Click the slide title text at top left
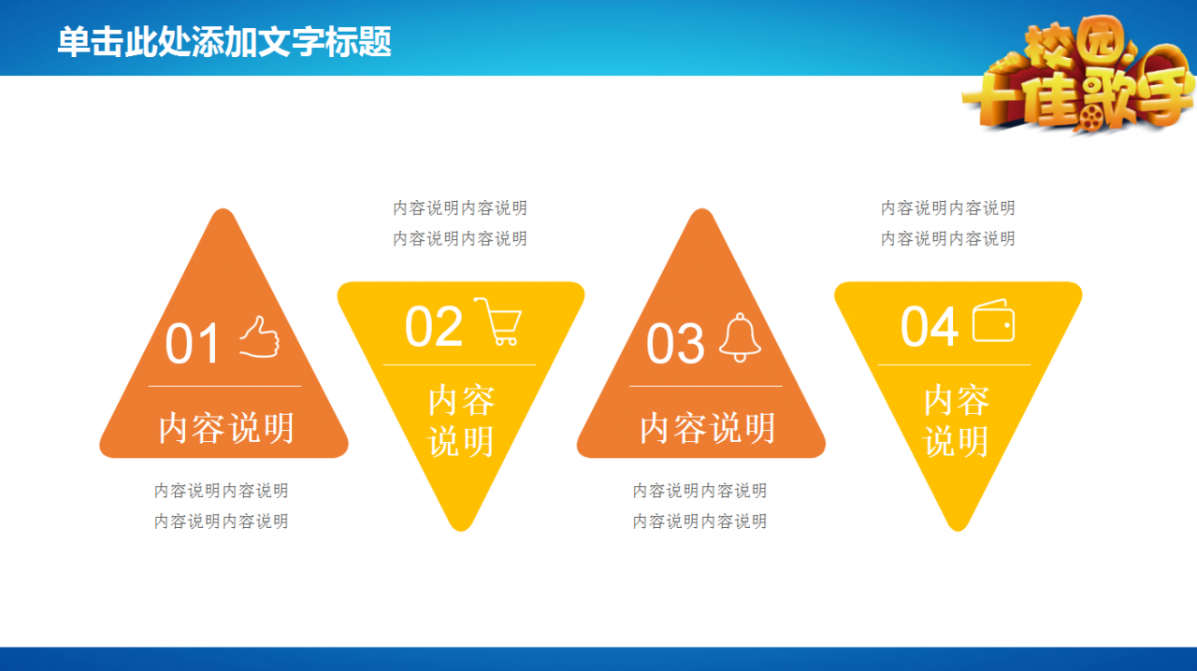[224, 42]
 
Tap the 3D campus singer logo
[1078, 75]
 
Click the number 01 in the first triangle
[192, 344]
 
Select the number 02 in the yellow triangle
[433, 326]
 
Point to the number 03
[675, 344]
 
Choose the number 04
[930, 326]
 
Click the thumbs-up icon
[260, 336]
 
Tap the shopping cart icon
[498, 321]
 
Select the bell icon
[740, 337]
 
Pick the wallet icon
[993, 321]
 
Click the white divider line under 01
[224, 386]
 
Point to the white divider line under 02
[459, 364]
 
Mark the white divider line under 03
[706, 386]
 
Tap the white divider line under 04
[955, 364]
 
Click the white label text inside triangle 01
[226, 428]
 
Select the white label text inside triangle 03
[708, 428]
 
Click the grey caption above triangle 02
[460, 222]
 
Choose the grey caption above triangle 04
[948, 222]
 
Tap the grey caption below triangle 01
[222, 506]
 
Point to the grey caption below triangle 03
[700, 506]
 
